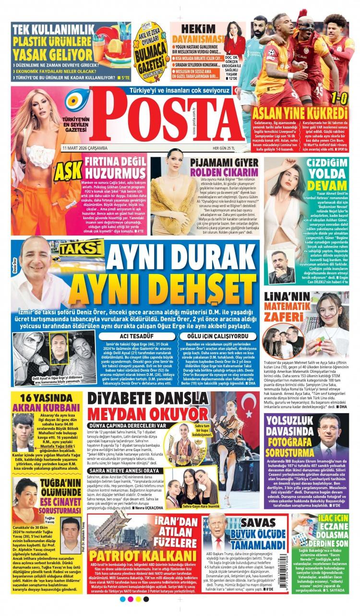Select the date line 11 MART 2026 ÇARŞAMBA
click(x=84, y=147)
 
